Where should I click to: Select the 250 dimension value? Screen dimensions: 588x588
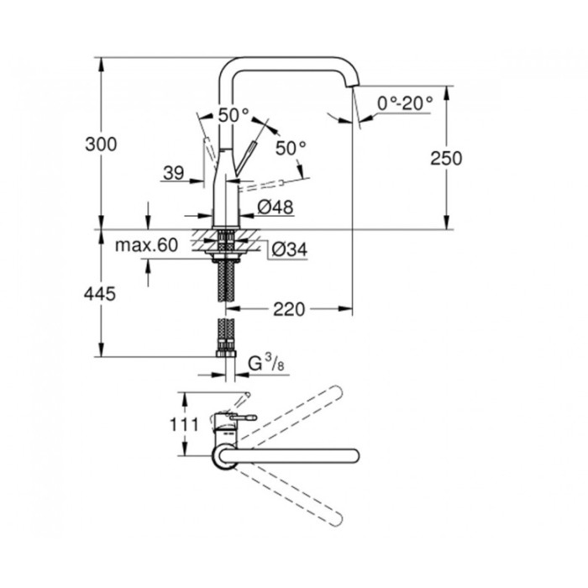[x=444, y=158]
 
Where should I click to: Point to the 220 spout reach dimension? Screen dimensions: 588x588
[x=289, y=309]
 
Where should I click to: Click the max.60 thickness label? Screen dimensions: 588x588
[x=147, y=245]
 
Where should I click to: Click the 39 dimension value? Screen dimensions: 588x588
[x=173, y=173]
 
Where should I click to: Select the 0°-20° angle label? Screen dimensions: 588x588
[x=405, y=103]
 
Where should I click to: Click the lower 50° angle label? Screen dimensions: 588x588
[x=291, y=149]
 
